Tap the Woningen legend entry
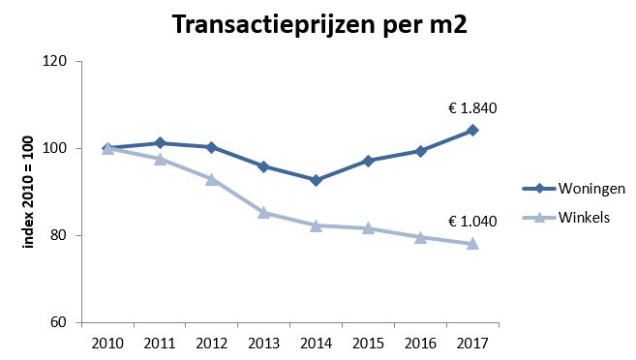[571, 187]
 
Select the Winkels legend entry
[566, 217]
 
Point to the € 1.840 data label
[473, 108]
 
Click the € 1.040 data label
[473, 221]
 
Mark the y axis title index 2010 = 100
[28, 192]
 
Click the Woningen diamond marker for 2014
[317, 180]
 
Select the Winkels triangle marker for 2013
[264, 212]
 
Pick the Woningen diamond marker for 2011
[160, 143]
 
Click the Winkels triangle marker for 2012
[212, 179]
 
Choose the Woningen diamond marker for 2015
[369, 161]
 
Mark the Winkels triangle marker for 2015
[369, 227]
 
